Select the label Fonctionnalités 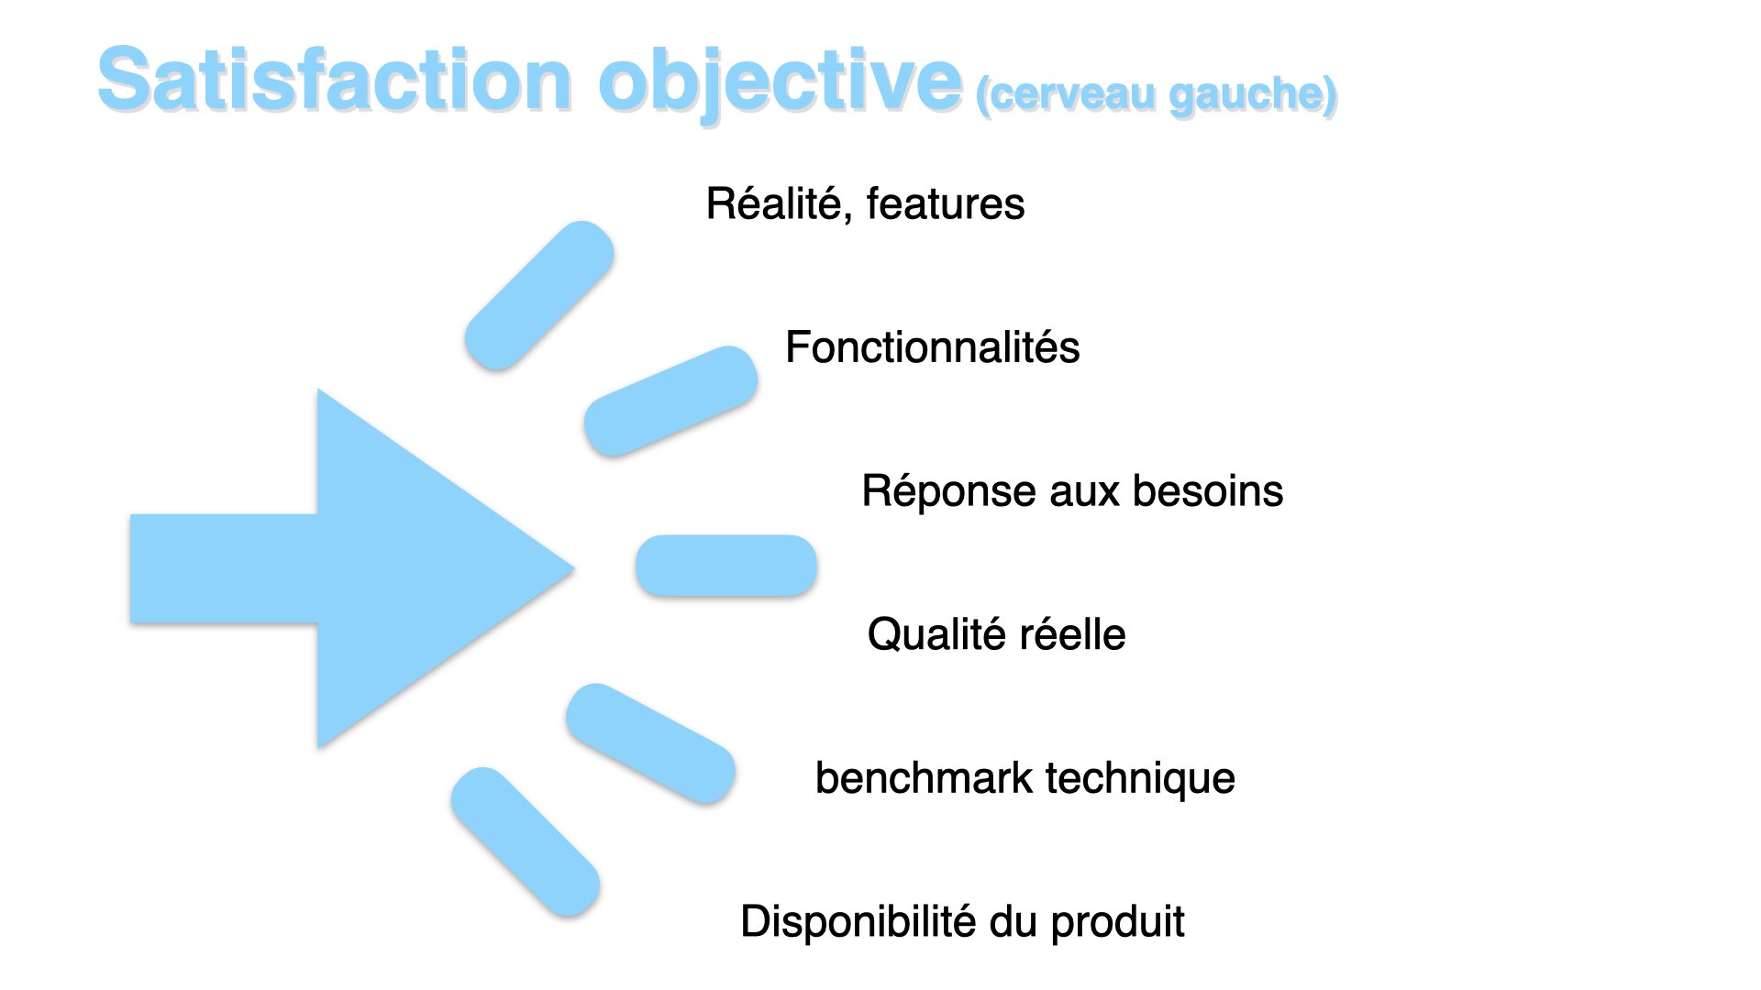[933, 347]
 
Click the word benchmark [924, 778]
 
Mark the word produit [1118, 923]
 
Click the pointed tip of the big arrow [573, 568]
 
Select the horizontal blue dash [726, 566]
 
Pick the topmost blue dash [539, 295]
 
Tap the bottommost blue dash [526, 841]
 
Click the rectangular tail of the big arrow [225, 568]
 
